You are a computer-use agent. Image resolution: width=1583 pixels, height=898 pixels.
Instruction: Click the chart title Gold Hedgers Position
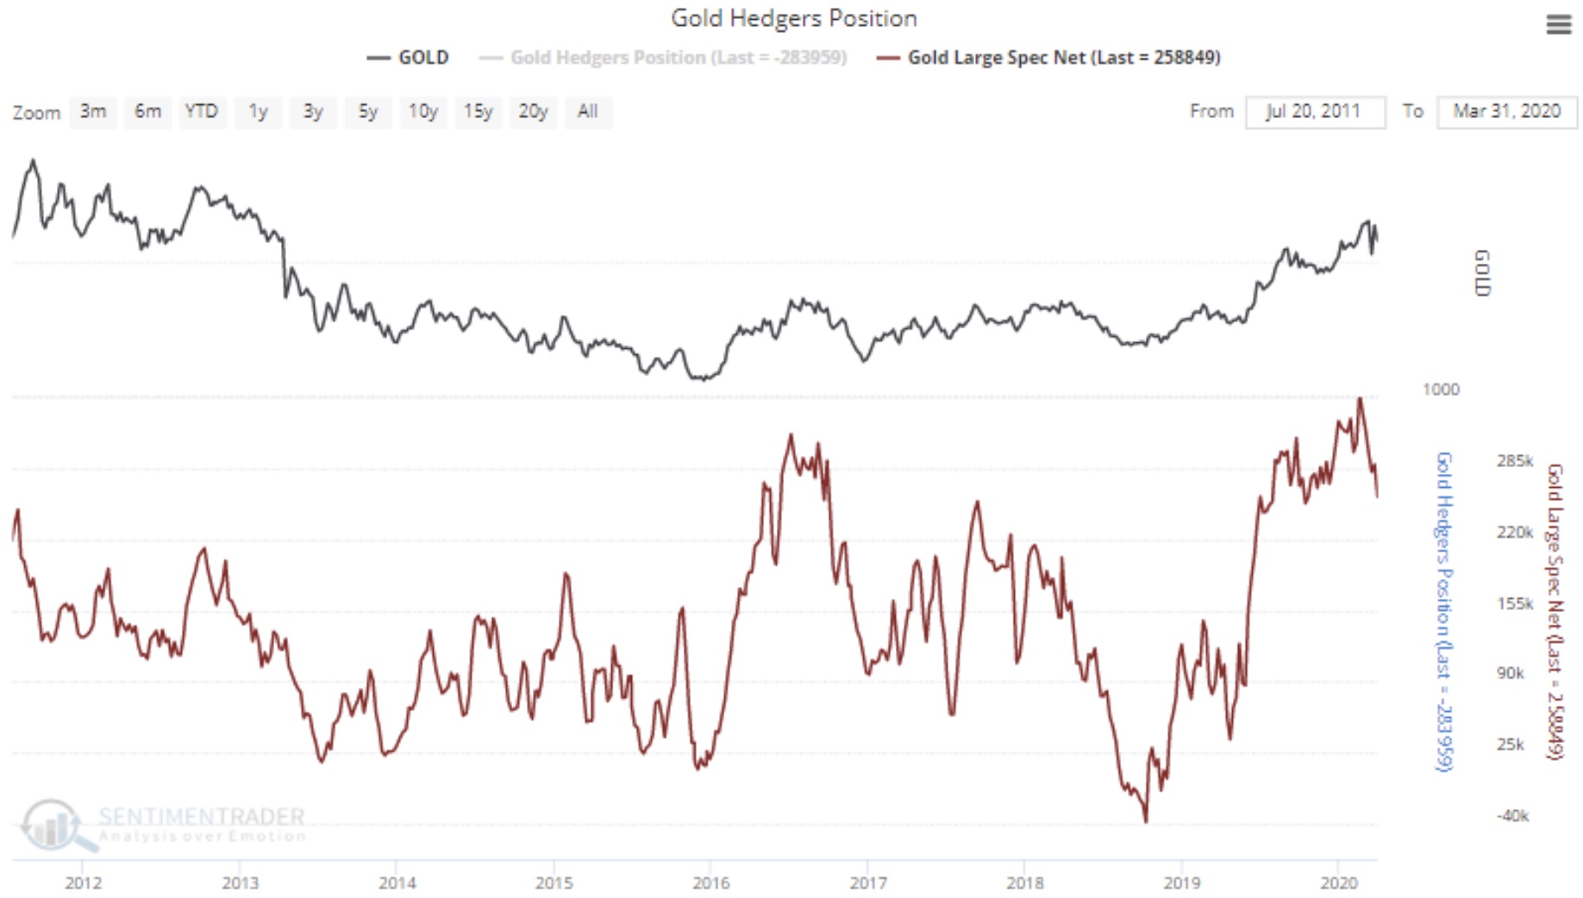click(x=793, y=18)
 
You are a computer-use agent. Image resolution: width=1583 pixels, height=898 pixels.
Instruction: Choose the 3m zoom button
click(x=93, y=112)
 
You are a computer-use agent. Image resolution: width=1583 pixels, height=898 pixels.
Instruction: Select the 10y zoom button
click(x=422, y=112)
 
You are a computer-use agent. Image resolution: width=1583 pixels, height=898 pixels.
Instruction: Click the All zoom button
click(x=587, y=112)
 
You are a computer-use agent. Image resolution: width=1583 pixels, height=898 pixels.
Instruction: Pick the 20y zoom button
click(x=533, y=112)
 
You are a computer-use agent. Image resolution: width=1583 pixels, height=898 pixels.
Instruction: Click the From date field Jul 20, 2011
click(x=1314, y=112)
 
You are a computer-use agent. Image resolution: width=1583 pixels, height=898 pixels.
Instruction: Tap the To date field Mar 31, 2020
click(x=1506, y=112)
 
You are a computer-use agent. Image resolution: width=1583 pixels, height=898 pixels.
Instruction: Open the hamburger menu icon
click(x=1558, y=25)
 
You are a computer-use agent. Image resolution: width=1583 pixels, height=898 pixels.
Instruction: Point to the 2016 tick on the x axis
click(x=710, y=882)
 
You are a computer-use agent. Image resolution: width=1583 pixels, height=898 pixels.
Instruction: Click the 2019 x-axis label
click(x=1181, y=882)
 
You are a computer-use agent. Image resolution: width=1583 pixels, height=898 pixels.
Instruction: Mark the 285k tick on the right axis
click(x=1514, y=461)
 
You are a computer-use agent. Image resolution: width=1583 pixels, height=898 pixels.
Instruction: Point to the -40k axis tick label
click(x=1512, y=815)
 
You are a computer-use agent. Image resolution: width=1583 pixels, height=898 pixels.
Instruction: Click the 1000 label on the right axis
click(x=1441, y=390)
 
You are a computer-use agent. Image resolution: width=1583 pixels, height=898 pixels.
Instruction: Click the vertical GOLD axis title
click(x=1482, y=272)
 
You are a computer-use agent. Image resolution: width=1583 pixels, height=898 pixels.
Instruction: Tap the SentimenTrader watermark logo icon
click(x=52, y=824)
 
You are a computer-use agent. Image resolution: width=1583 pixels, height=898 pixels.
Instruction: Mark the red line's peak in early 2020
click(x=1360, y=398)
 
